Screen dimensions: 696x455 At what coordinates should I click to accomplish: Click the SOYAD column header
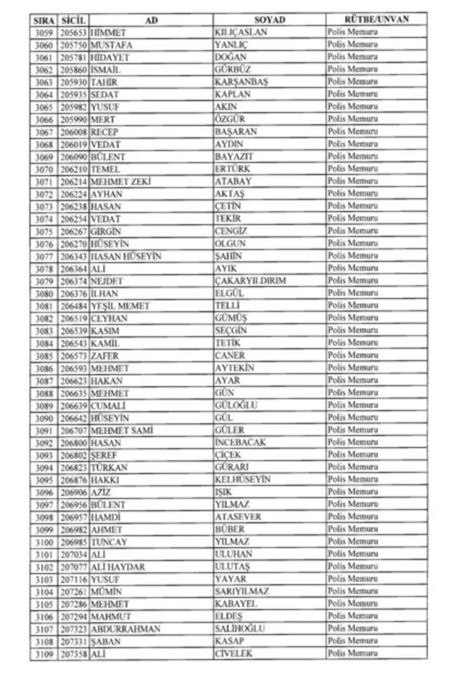click(x=269, y=20)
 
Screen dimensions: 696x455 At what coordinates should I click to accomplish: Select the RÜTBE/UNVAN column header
click(x=376, y=20)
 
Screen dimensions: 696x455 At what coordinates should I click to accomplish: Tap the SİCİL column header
click(x=74, y=20)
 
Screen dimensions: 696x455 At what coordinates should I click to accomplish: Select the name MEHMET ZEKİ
click(x=122, y=182)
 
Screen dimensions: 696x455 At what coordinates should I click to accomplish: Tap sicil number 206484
click(x=74, y=306)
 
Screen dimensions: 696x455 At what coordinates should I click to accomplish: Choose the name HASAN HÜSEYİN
click(x=126, y=256)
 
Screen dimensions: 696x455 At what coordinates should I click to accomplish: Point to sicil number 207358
click(x=74, y=654)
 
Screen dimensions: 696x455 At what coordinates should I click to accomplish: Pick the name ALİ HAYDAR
click(x=117, y=567)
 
